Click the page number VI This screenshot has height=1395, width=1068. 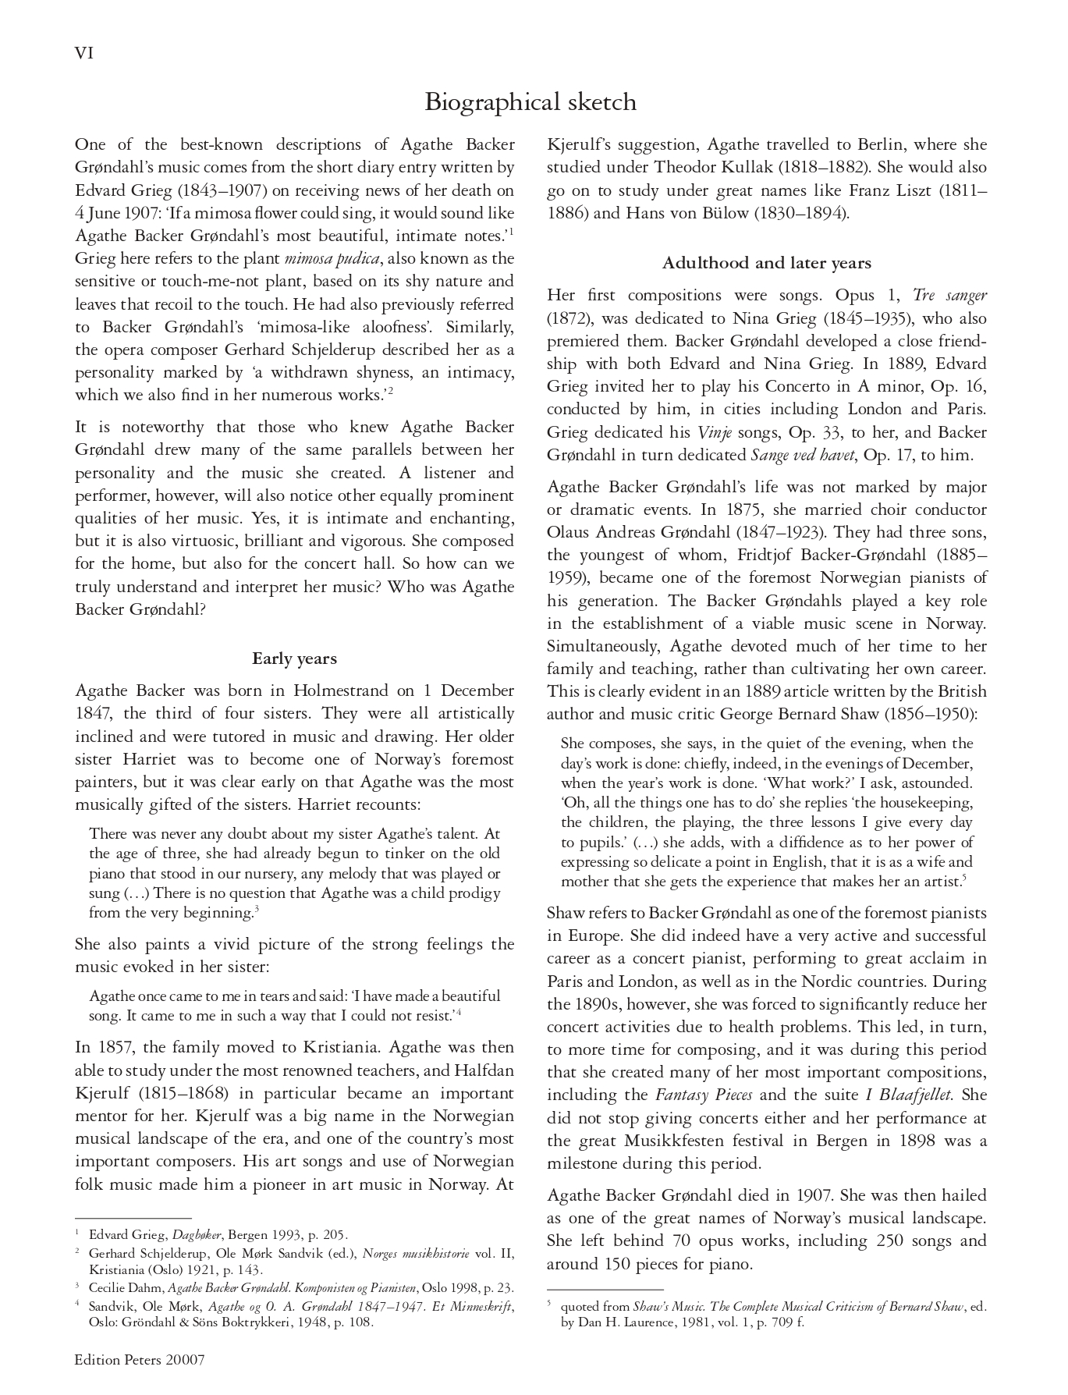(84, 53)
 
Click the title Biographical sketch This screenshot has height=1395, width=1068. (530, 102)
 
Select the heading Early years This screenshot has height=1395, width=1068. (294, 658)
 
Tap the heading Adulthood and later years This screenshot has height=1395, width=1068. (766, 263)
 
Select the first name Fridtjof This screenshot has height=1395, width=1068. (765, 556)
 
